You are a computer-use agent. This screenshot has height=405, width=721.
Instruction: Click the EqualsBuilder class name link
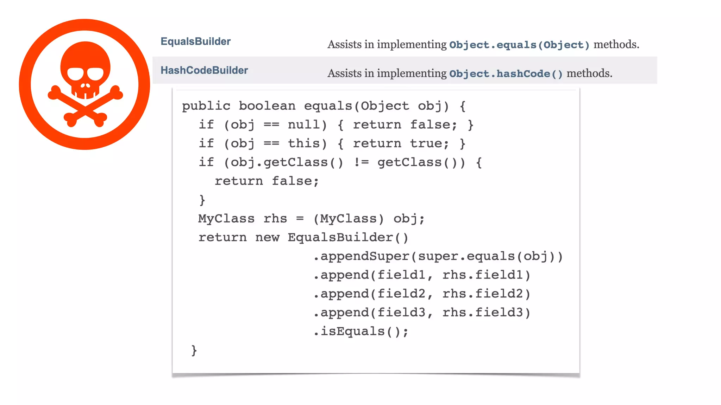coord(195,41)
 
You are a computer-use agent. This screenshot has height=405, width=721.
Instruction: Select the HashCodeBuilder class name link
coord(204,70)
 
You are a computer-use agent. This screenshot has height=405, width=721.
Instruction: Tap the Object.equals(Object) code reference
coord(519,45)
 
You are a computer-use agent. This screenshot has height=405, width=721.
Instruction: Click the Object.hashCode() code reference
coord(506,74)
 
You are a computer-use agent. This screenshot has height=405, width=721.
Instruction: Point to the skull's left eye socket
coord(75,74)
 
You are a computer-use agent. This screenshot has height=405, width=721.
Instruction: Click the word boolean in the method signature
coord(267,106)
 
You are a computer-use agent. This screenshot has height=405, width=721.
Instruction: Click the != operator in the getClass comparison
coord(361,162)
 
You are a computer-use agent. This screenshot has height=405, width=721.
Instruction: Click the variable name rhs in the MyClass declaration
coord(275,219)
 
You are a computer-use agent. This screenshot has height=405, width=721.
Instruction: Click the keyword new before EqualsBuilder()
coord(267,238)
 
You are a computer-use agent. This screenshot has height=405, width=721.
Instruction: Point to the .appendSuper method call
coord(361,256)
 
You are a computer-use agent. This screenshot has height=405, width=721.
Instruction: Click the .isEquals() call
coord(361,332)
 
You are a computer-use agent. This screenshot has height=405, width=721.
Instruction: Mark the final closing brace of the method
coord(194,351)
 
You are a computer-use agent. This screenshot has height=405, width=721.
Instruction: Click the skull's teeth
coord(85,94)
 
